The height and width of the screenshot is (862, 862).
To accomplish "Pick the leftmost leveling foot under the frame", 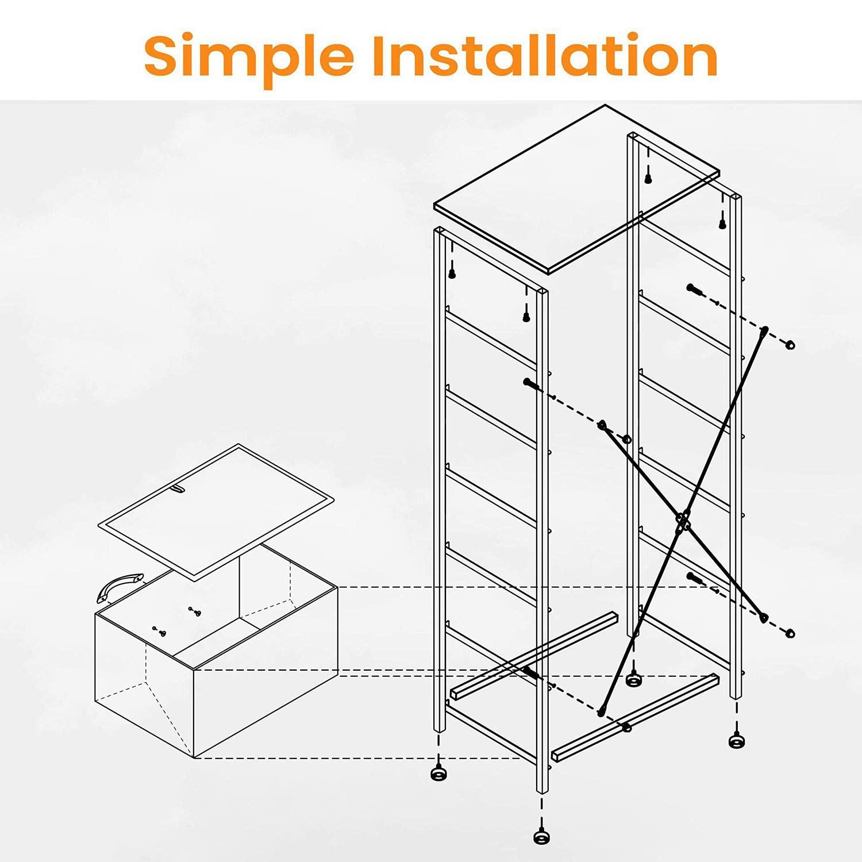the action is pyautogui.click(x=439, y=772).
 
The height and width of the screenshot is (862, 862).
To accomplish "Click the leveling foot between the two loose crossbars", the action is pyautogui.click(x=634, y=679).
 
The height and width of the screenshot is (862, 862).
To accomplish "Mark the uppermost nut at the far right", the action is pyautogui.click(x=790, y=345).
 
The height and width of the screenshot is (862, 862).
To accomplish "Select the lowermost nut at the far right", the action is pyautogui.click(x=790, y=633).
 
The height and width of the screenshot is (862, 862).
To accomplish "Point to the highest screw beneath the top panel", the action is pyautogui.click(x=648, y=178).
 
